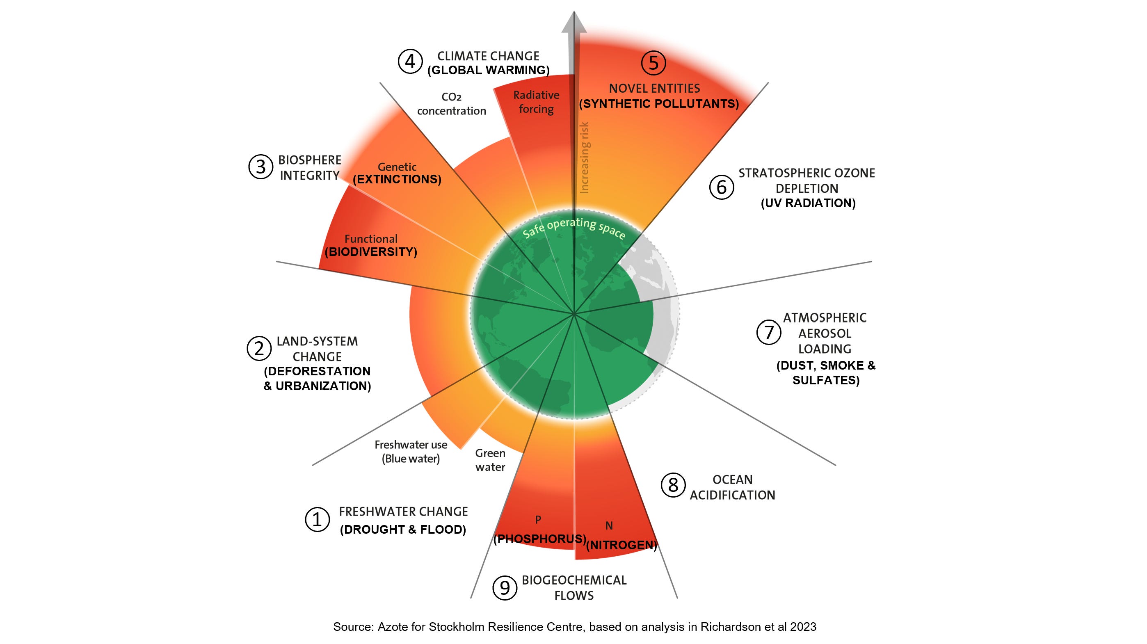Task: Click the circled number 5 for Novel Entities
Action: pyautogui.click(x=653, y=63)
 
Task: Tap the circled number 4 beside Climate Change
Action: pyautogui.click(x=410, y=62)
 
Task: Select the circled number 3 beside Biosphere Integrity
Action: pyautogui.click(x=260, y=167)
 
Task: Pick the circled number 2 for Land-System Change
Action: pyautogui.click(x=259, y=348)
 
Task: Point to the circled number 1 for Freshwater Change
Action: pyautogui.click(x=317, y=519)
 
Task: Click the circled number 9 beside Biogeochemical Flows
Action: pyautogui.click(x=505, y=587)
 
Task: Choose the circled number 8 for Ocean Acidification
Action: pyautogui.click(x=673, y=485)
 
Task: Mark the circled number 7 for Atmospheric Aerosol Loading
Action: pyautogui.click(x=768, y=332)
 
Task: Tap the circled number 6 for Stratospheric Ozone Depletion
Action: pyautogui.click(x=721, y=187)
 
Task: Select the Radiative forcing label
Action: pyautogui.click(x=536, y=102)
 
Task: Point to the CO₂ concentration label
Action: pyautogui.click(x=452, y=104)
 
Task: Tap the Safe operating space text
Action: pyautogui.click(x=574, y=228)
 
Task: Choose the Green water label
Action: pyautogui.click(x=490, y=459)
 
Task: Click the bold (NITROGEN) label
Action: pyautogui.click(x=621, y=545)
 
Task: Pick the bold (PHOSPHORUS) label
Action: pyautogui.click(x=540, y=539)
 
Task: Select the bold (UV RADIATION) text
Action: pyautogui.click(x=808, y=203)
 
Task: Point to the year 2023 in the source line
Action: pyautogui.click(x=803, y=627)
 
